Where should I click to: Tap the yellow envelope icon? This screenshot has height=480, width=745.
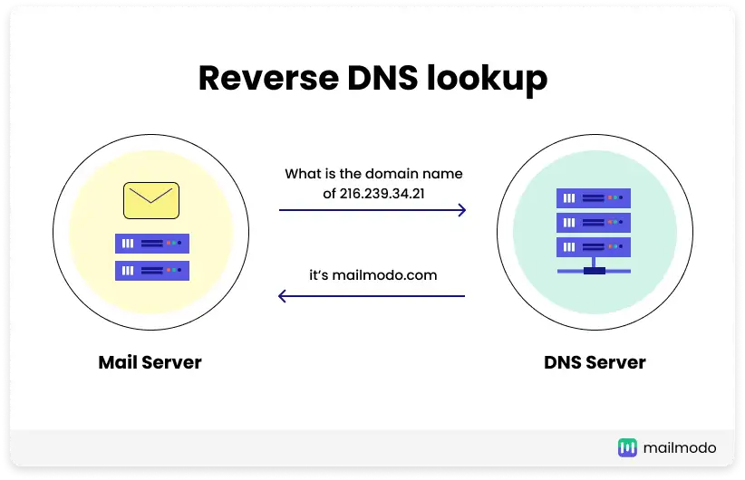pos(151,200)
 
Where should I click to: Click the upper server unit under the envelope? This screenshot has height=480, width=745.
pos(151,243)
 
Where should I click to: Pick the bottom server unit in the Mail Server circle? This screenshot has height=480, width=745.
pos(151,270)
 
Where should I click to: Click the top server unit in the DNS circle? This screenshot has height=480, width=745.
pos(594,197)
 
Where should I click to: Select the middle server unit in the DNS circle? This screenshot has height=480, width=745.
pos(594,222)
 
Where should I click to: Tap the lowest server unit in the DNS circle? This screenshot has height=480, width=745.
pos(594,246)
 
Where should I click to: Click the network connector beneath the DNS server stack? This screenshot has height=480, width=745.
pos(594,269)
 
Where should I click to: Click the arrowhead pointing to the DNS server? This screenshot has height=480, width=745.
pos(461,210)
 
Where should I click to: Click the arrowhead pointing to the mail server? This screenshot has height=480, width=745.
pos(283,295)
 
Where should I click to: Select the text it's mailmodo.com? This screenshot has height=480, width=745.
pos(372,274)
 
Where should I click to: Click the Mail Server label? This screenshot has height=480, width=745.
pos(150,363)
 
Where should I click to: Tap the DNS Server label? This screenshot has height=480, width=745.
pos(595,363)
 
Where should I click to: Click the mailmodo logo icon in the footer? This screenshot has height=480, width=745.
pos(628,447)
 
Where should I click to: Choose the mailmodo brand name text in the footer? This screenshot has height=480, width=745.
pos(680,447)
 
